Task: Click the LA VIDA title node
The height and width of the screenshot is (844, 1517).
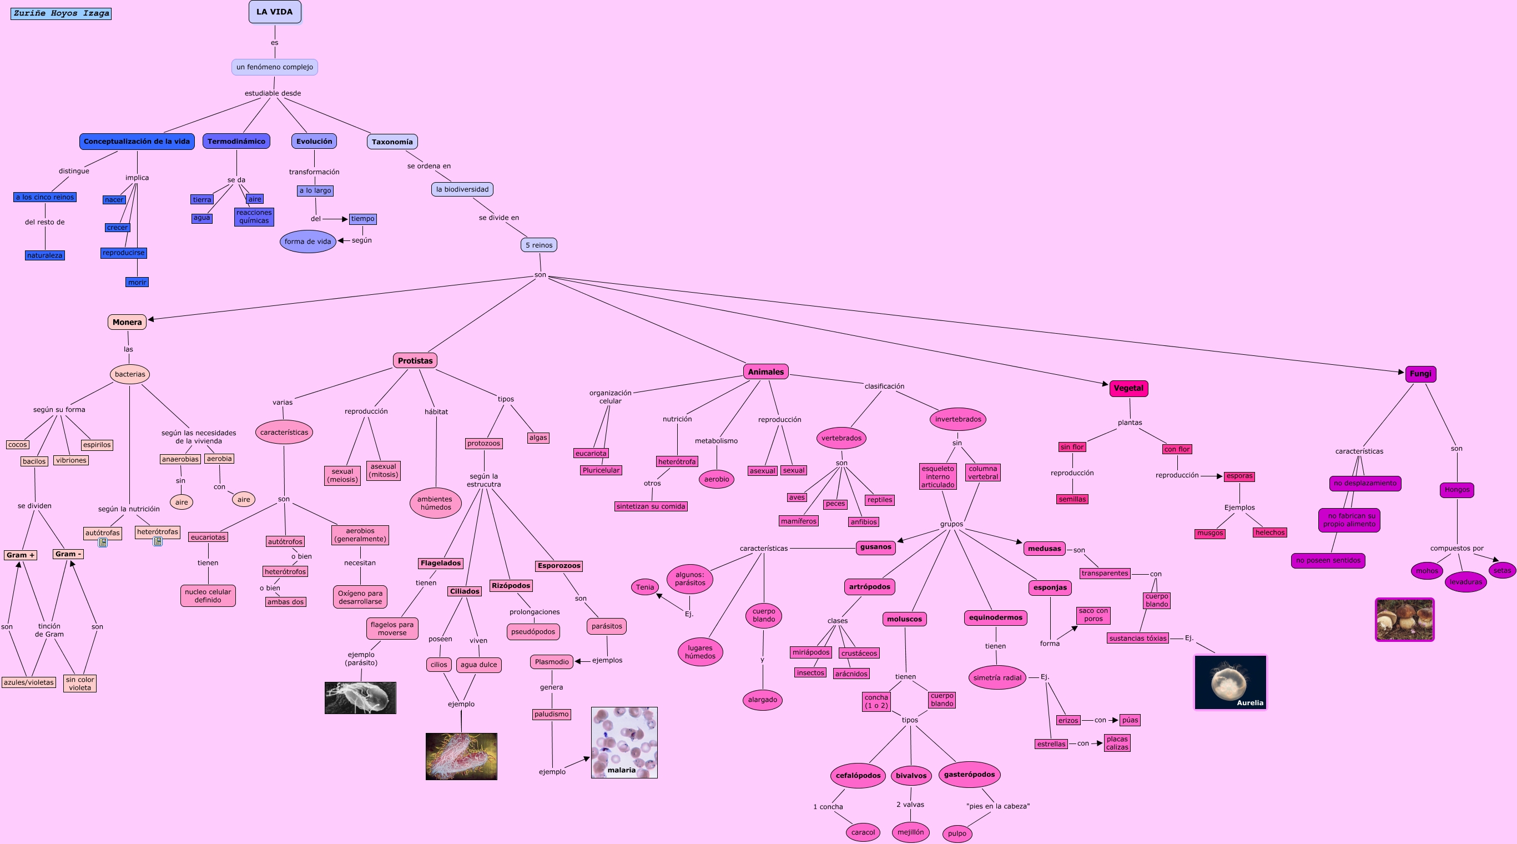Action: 274,12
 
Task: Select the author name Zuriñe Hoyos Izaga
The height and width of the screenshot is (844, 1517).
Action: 61,13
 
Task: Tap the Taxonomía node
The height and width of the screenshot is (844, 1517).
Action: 392,142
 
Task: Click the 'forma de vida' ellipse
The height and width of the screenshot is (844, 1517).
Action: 308,242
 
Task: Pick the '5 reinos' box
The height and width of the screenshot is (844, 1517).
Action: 539,245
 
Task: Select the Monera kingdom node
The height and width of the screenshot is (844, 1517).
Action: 127,322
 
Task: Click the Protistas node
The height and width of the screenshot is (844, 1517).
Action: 415,360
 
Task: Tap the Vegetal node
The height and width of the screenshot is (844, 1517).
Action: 1128,388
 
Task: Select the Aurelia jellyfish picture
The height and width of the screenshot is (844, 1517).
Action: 1230,682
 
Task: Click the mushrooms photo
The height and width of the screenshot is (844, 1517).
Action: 1404,620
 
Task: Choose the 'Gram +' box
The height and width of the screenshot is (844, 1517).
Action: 21,555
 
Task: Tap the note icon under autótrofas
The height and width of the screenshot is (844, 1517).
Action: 103,542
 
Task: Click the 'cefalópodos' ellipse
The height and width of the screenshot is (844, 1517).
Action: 858,775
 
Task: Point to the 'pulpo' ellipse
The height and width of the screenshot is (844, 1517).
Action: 957,833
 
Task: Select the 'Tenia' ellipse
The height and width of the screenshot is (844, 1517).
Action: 645,586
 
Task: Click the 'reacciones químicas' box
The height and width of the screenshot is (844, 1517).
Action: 254,217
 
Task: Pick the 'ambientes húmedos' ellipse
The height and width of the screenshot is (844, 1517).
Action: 435,503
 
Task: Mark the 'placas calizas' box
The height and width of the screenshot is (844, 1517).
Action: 1117,743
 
